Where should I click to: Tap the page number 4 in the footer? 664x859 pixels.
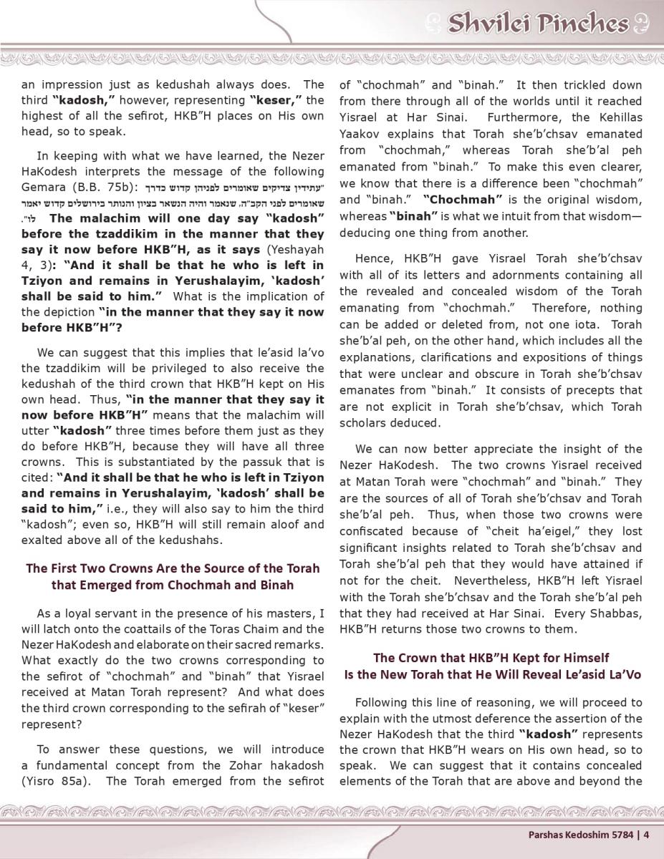point(646,833)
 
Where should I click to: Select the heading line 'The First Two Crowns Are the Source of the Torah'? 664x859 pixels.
point(173,568)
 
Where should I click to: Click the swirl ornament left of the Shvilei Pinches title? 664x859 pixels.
point(433,24)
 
